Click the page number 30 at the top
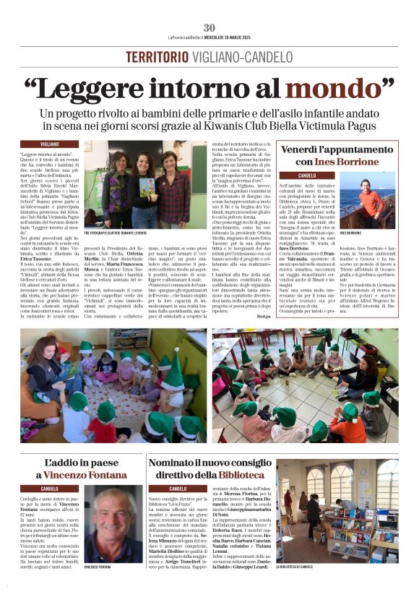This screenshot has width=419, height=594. (209, 27)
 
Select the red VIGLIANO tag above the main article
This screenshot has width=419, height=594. (49, 144)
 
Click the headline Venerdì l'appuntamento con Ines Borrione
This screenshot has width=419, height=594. (339, 155)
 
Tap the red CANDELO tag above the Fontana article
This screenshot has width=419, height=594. (49, 489)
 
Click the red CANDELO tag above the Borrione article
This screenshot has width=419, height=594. (307, 175)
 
